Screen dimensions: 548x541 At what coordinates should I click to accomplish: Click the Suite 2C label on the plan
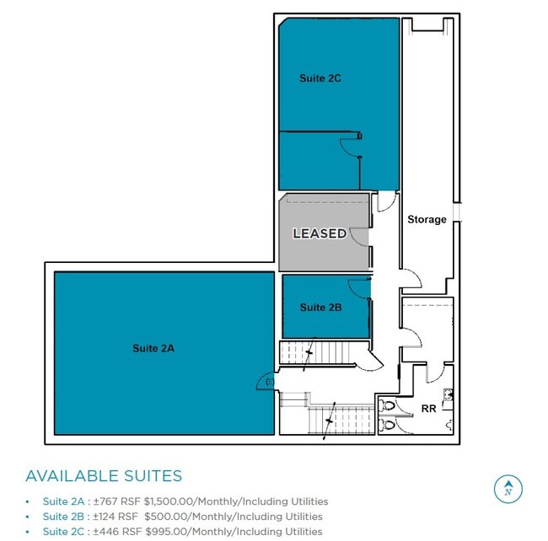tap(320, 78)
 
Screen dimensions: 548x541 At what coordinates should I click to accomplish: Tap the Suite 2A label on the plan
tap(153, 348)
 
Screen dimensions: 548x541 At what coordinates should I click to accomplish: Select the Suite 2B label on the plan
tap(320, 307)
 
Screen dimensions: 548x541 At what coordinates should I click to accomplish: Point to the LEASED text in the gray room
tap(320, 233)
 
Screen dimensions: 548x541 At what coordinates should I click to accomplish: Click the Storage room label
tap(427, 219)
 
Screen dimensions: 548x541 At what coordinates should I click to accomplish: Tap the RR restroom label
tap(428, 409)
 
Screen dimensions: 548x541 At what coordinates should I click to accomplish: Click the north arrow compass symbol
tap(508, 489)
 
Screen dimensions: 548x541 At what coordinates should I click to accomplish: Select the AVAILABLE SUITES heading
tap(104, 475)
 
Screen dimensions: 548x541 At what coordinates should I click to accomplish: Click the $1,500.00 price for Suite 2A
tap(168, 501)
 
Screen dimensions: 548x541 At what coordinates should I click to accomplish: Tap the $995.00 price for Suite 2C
tap(166, 532)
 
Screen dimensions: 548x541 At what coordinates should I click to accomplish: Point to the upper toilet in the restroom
tap(387, 406)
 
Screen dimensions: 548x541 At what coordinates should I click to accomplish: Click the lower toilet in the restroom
tap(387, 425)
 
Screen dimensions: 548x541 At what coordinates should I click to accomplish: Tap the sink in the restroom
tap(448, 394)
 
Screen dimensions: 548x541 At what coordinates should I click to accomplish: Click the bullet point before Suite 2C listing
tap(27, 532)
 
